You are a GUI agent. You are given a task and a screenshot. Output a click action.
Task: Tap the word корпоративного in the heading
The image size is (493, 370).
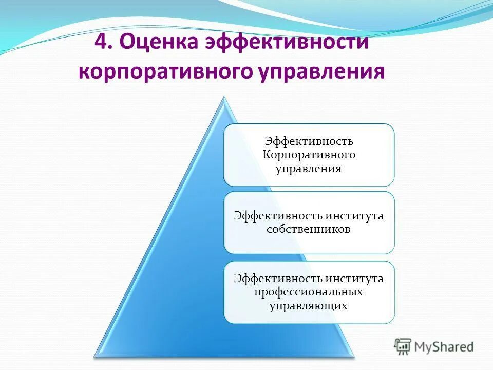(163, 71)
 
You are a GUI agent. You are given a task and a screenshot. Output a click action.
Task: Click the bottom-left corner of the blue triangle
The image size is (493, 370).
(96, 355)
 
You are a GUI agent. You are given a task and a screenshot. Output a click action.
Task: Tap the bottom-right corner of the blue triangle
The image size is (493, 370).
(353, 355)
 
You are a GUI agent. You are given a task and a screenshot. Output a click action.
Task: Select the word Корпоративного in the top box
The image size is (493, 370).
(309, 155)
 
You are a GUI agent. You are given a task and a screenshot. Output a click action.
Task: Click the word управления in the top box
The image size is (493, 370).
(309, 169)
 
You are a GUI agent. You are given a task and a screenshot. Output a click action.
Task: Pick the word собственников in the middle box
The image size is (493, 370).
(309, 229)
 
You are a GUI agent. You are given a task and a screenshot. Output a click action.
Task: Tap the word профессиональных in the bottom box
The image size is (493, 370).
(309, 292)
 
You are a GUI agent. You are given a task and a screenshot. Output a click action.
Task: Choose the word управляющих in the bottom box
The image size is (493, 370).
(309, 306)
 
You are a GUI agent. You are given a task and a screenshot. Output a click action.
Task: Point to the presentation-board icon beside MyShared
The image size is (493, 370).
(403, 346)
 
